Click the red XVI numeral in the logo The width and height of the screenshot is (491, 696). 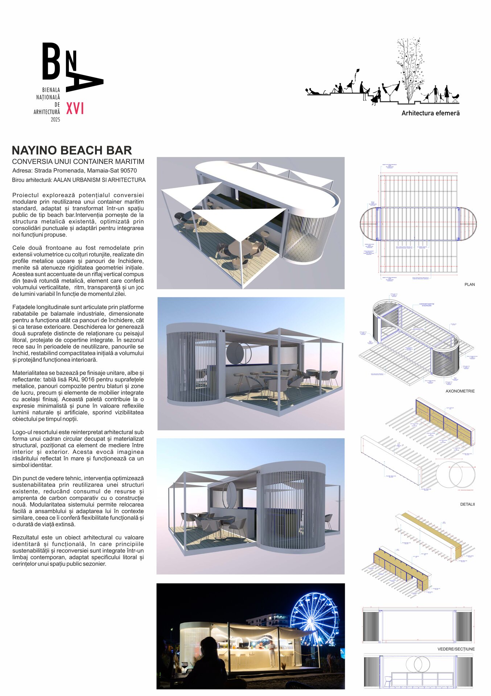(75, 108)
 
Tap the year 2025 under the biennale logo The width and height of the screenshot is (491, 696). (55, 120)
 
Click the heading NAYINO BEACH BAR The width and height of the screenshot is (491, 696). (72, 150)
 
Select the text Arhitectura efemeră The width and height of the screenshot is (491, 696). (430, 113)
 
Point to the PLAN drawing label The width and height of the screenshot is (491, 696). (470, 285)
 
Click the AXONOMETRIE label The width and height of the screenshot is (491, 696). (460, 391)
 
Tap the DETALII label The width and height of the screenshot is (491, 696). (467, 504)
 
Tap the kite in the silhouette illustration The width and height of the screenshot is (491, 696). (357, 71)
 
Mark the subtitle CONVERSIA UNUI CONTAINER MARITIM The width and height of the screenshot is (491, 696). (78, 162)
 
